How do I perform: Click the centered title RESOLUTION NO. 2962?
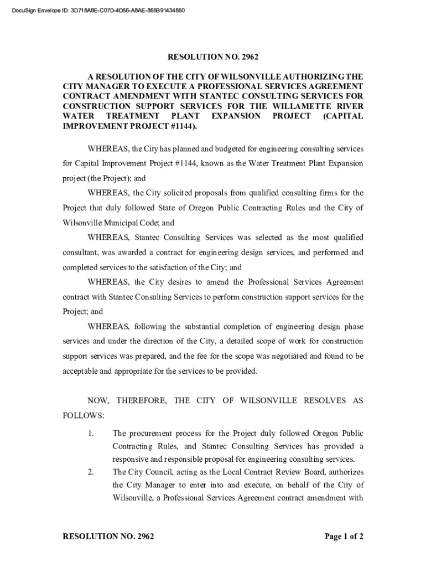(213, 57)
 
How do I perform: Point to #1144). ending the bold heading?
(181, 126)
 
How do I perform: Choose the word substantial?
(214, 327)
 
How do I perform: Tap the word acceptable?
(81, 371)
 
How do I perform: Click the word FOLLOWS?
(82, 415)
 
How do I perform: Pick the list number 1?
(91, 433)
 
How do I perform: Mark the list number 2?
(91, 472)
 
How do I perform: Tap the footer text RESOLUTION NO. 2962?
(108, 537)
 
